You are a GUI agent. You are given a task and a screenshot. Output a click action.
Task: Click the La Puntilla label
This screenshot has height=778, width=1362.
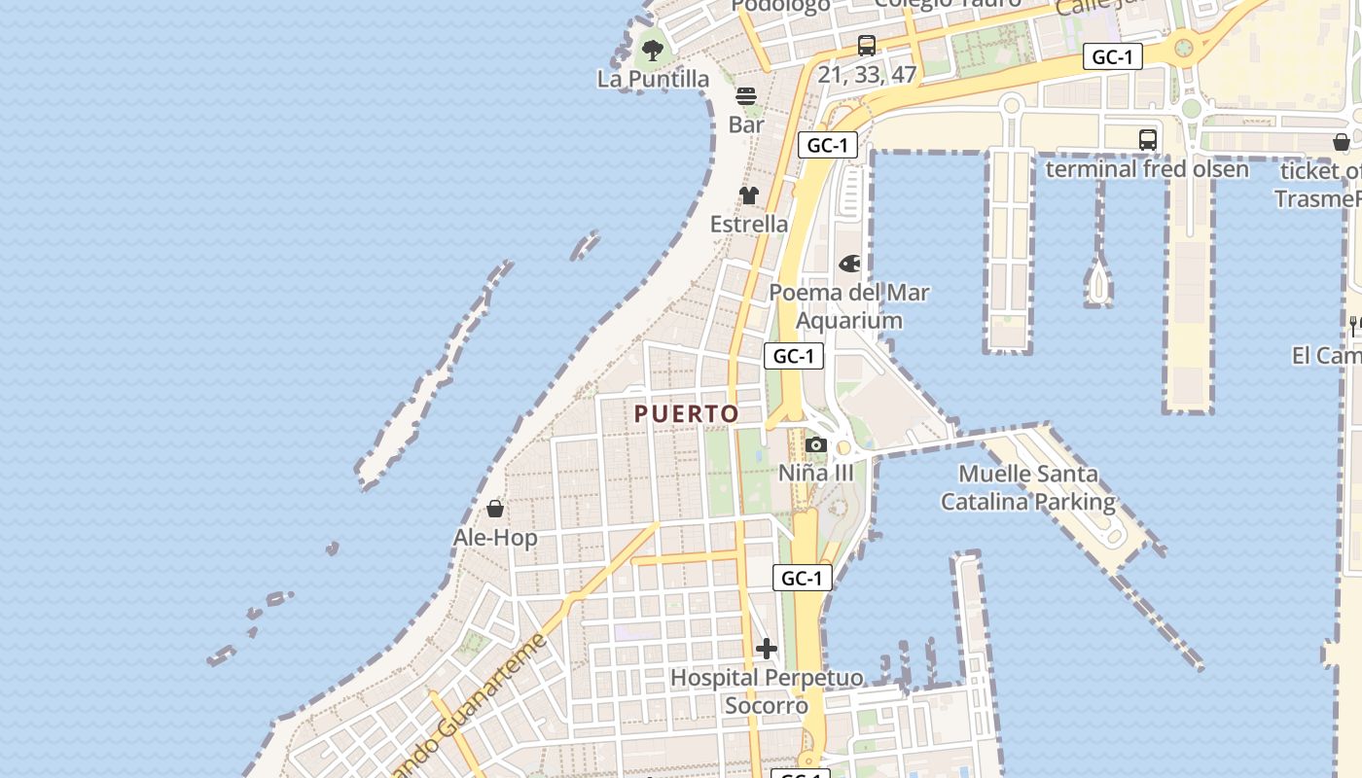(654, 79)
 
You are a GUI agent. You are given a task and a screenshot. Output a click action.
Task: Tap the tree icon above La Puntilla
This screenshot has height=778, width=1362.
(653, 49)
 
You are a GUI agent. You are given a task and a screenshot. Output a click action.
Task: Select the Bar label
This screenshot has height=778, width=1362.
(746, 124)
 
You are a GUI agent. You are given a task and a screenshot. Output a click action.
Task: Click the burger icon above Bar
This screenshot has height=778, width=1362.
(746, 96)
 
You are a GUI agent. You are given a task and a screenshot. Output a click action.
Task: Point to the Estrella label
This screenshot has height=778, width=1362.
(749, 224)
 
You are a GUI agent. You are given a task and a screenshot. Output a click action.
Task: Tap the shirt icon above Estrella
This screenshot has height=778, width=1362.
(748, 195)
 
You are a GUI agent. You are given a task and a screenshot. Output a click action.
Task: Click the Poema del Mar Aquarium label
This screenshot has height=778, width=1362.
(849, 306)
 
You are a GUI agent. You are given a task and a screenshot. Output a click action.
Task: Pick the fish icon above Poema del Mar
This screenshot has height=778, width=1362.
(849, 264)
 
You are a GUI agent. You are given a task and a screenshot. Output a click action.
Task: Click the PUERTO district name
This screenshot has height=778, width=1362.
(687, 413)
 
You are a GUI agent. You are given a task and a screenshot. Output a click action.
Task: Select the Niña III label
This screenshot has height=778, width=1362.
(816, 473)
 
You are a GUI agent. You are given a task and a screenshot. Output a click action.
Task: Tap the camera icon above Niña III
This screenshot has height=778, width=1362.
(816, 445)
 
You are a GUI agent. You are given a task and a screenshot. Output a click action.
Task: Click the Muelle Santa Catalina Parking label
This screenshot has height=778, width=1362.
(1028, 488)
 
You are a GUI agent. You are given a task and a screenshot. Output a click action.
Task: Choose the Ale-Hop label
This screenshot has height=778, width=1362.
(495, 537)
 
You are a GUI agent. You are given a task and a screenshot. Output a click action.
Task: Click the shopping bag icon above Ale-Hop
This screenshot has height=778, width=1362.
(495, 509)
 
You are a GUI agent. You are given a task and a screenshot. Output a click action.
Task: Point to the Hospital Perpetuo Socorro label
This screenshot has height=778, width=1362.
(767, 690)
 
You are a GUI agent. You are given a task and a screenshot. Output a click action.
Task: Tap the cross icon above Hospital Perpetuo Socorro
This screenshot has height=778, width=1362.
(767, 649)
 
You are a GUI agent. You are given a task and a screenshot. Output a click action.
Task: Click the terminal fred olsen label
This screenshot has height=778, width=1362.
(1147, 169)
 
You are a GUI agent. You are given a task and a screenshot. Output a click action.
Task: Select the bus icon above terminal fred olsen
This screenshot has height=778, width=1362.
(1148, 140)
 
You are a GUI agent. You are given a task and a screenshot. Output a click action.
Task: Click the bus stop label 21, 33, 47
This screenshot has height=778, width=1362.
(867, 75)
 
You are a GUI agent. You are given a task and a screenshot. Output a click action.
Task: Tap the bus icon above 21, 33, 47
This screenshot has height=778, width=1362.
(867, 46)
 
